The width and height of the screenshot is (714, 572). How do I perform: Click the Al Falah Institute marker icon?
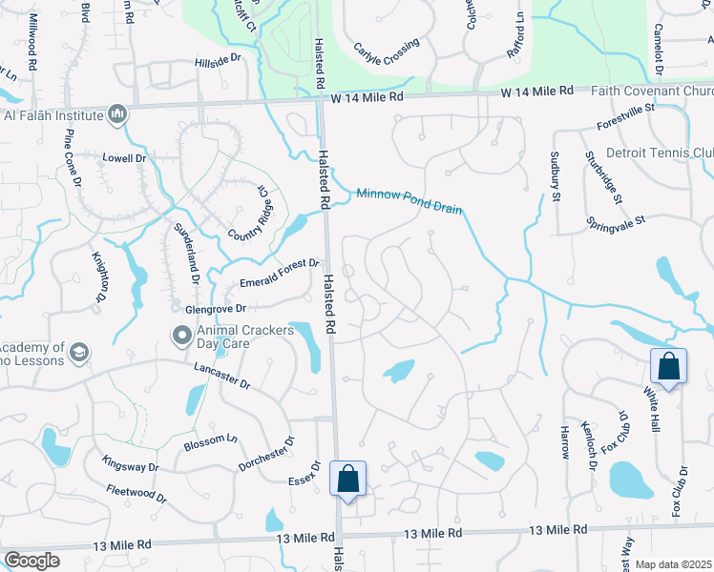(117, 115)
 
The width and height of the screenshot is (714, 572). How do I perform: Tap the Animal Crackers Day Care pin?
(180, 335)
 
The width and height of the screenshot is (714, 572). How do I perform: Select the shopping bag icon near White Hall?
(668, 367)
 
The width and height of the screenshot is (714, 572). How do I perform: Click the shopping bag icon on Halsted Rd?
(347, 479)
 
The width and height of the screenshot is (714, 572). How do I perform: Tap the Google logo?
(32, 560)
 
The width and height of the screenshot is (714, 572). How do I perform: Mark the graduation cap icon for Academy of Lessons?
(79, 353)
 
